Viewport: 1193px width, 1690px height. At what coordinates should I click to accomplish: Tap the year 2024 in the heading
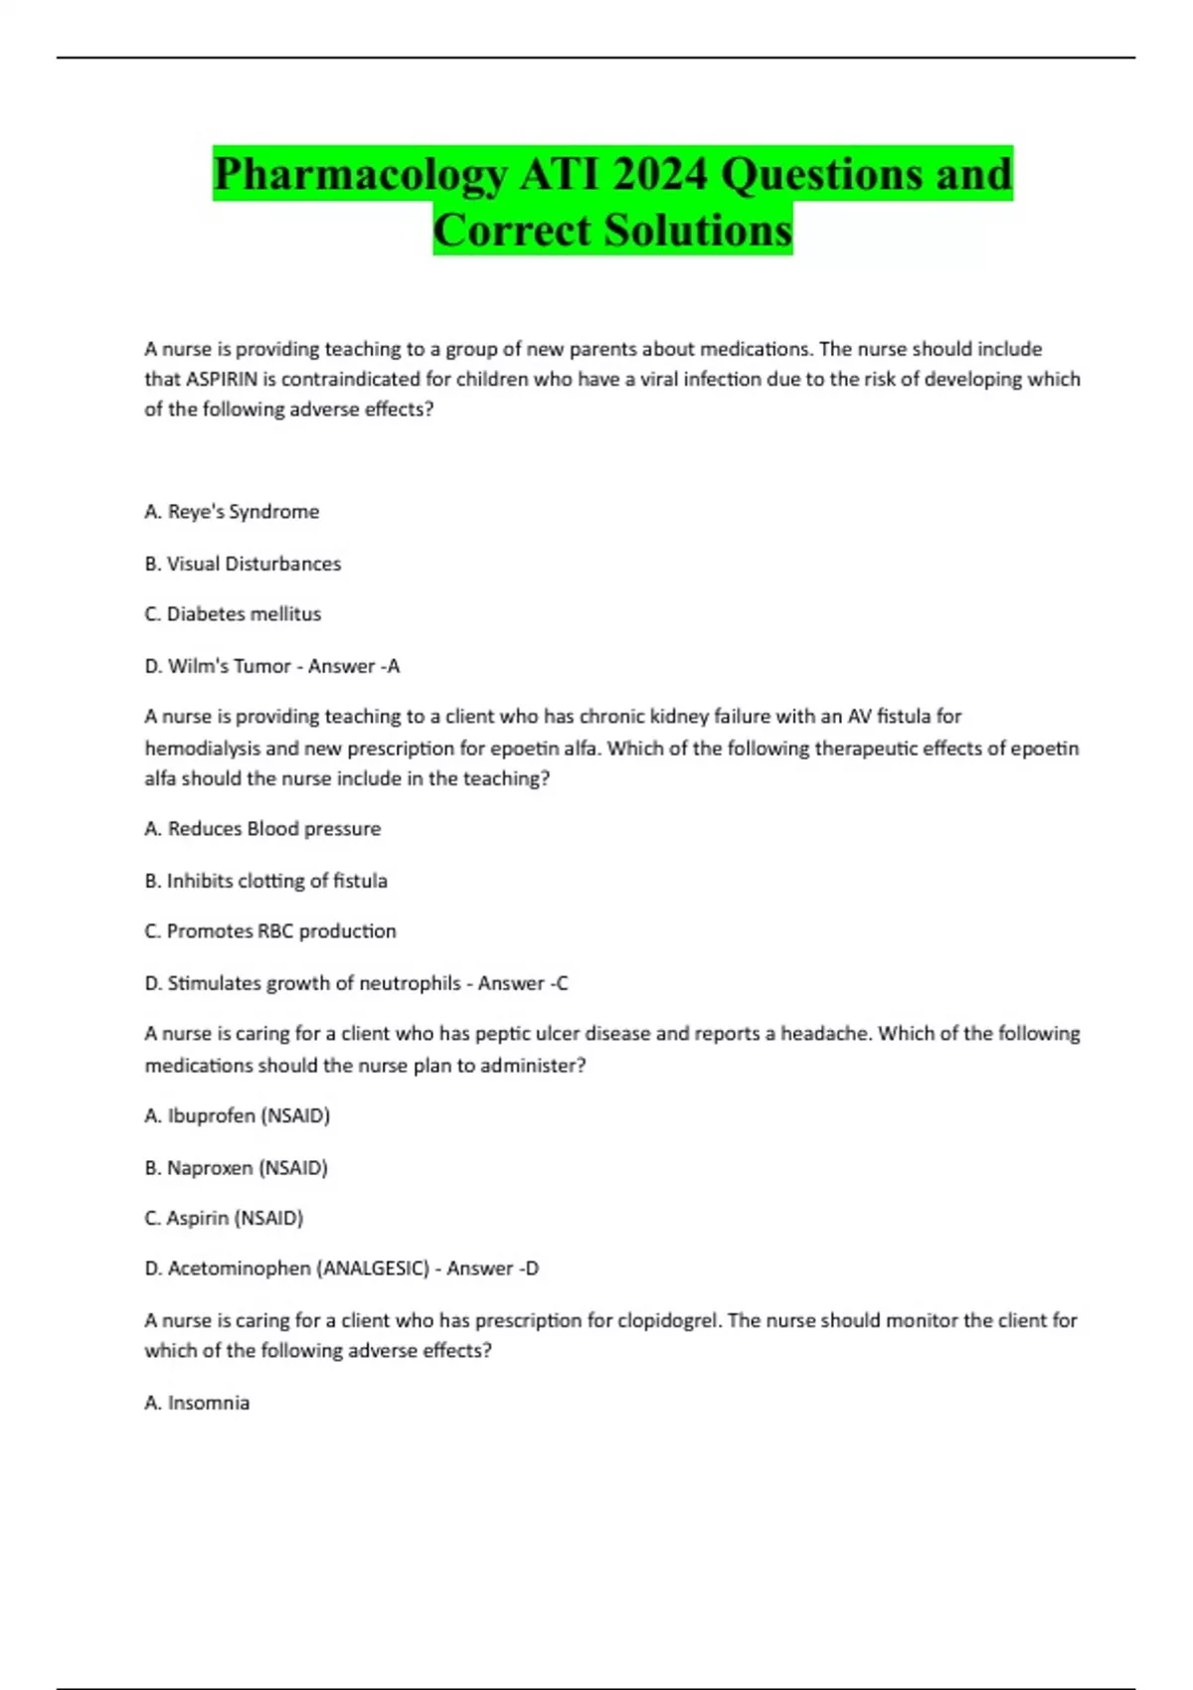pos(660,175)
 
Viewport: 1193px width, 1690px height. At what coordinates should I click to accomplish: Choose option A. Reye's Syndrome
pos(232,512)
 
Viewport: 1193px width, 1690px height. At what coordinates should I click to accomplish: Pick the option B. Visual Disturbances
pos(243,564)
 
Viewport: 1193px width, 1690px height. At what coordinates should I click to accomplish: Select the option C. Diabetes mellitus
pos(233,614)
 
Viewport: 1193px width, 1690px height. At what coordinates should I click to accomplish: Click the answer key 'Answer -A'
pos(354,666)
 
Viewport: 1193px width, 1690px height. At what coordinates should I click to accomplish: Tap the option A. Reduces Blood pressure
pos(262,829)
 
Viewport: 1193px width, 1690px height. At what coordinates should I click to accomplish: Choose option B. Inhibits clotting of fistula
pos(265,881)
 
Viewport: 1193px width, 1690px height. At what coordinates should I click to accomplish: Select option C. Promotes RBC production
pos(270,931)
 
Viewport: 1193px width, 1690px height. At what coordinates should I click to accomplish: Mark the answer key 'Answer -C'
pos(523,983)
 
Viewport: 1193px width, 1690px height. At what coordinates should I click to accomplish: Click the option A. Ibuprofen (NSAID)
pos(237,1116)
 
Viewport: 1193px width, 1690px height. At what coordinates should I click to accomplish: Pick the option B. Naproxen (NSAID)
pos(236,1168)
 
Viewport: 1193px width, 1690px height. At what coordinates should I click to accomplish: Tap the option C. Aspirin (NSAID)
pos(224,1218)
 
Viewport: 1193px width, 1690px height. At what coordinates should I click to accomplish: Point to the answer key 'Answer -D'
pos(493,1268)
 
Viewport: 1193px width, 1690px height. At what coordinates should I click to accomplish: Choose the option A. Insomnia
pos(197,1403)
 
